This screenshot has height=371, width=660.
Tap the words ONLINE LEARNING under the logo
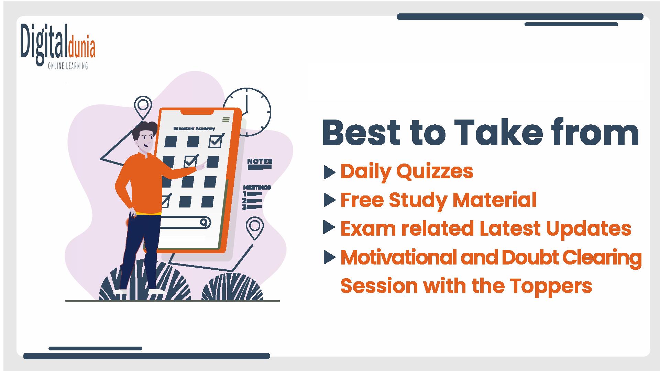[x=68, y=66]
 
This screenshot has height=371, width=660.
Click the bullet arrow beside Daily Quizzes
[x=330, y=172]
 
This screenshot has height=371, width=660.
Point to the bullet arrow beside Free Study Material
[x=330, y=200]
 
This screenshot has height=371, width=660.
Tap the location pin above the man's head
[x=143, y=107]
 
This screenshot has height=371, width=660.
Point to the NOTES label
[x=260, y=161]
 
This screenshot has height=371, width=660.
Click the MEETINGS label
[x=257, y=187]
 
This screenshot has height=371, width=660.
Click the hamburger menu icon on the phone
[x=226, y=119]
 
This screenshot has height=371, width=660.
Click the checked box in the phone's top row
[x=216, y=140]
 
